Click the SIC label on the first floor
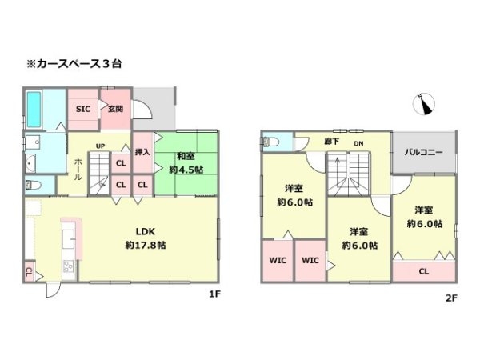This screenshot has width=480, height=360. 83,110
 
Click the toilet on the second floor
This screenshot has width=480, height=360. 269,142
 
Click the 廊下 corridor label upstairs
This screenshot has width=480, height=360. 332,142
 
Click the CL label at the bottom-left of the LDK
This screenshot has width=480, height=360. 29,272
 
